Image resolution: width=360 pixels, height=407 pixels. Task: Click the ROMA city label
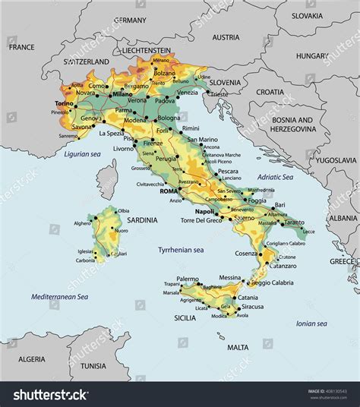[168, 191]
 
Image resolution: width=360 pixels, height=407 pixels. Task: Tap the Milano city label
[123, 96]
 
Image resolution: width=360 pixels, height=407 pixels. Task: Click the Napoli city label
[204, 211]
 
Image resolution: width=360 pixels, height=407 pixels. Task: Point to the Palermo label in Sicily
[188, 279]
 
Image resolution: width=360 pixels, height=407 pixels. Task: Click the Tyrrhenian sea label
[180, 249]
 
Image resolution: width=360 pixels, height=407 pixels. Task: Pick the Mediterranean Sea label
[59, 296]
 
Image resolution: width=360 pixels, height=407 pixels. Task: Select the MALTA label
[238, 347]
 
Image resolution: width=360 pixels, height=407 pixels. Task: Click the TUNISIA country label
[93, 365]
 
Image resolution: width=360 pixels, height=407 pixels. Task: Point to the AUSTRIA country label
[226, 37]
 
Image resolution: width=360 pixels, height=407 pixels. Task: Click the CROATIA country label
[270, 91]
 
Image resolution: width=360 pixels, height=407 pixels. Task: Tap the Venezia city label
[187, 92]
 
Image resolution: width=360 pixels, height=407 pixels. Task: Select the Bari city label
[279, 204]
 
